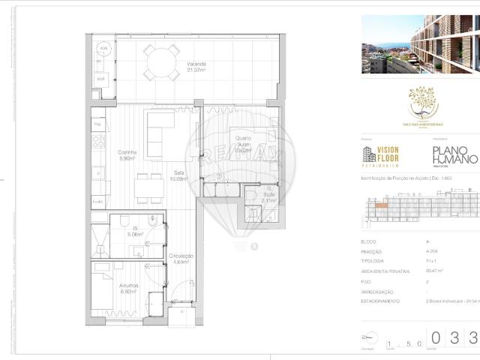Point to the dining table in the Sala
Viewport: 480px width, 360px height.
tap(150, 187)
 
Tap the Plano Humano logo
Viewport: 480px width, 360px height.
tap(454, 155)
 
